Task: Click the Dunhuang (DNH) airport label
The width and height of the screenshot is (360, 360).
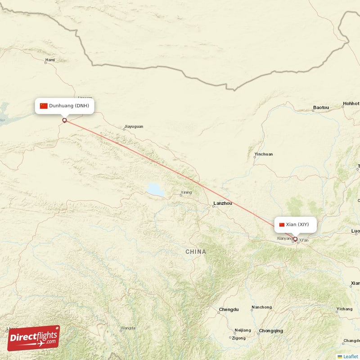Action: pyautogui.click(x=69, y=106)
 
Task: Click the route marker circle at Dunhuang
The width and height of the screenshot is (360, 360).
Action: pyautogui.click(x=64, y=120)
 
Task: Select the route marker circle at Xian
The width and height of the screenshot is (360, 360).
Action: pyautogui.click(x=295, y=239)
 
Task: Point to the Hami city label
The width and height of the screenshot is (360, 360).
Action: pyautogui.click(x=49, y=60)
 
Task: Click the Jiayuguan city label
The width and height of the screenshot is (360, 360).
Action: pyautogui.click(x=134, y=127)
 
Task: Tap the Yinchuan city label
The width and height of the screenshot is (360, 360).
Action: pyautogui.click(x=263, y=154)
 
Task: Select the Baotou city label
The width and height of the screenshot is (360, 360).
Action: pyautogui.click(x=321, y=108)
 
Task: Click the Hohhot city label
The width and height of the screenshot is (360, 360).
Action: pyautogui.click(x=351, y=103)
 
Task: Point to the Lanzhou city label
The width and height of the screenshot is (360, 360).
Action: pyautogui.click(x=222, y=203)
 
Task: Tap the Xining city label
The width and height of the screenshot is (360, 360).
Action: pyautogui.click(x=186, y=193)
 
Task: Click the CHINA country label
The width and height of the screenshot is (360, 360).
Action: pyautogui.click(x=196, y=252)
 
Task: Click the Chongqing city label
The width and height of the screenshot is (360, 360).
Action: pyautogui.click(x=271, y=331)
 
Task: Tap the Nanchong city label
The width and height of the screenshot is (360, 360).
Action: pyautogui.click(x=261, y=307)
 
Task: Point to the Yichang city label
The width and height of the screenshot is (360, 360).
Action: pyautogui.click(x=344, y=310)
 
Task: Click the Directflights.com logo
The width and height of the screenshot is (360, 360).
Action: pyautogui.click(x=33, y=338)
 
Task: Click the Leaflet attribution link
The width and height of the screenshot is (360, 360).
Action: pyautogui.click(x=351, y=356)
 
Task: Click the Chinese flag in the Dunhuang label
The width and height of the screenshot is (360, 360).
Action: pyautogui.click(x=44, y=106)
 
